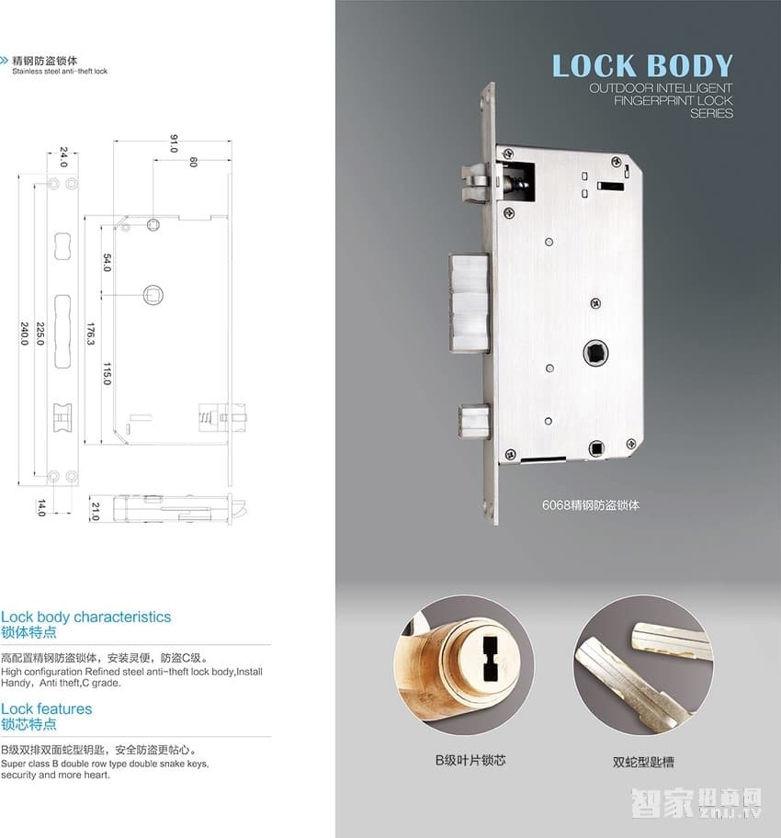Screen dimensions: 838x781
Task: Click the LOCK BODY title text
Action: pyautogui.click(x=642, y=66)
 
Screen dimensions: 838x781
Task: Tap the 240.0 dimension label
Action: pyautogui.click(x=24, y=332)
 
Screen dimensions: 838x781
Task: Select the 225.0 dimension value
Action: pyautogui.click(x=40, y=332)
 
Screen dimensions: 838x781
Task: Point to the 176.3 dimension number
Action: pyautogui.click(x=91, y=332)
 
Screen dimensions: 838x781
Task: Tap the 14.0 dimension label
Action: pyautogui.click(x=41, y=508)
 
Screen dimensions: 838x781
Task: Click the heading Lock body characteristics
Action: pyautogui.click(x=85, y=617)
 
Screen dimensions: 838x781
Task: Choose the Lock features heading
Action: pyautogui.click(x=46, y=708)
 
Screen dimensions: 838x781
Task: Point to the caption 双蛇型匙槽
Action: pyautogui.click(x=643, y=762)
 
